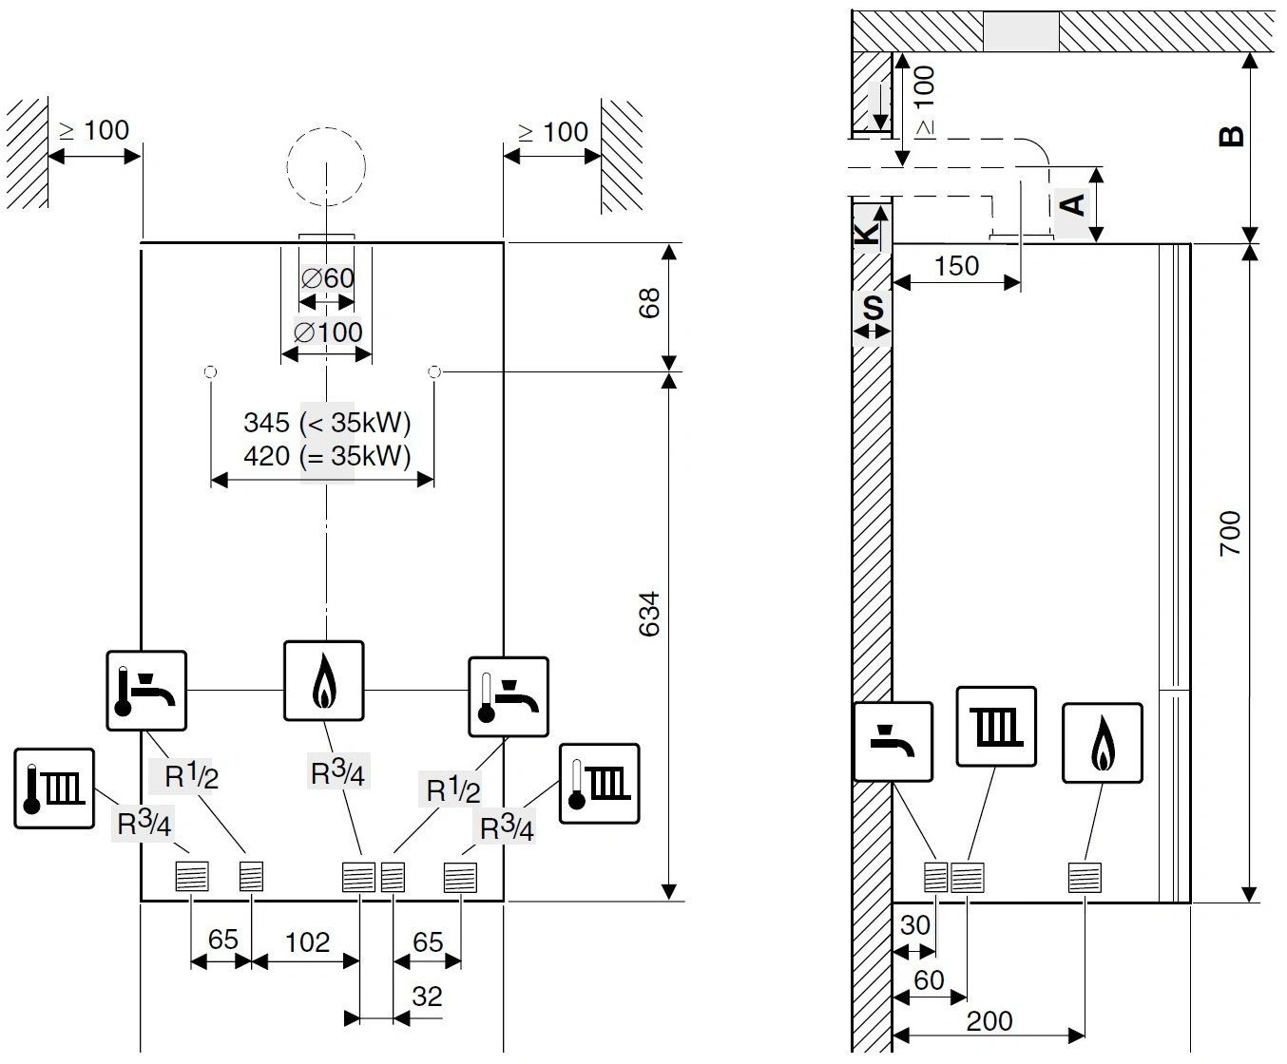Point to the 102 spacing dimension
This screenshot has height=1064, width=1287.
(307, 942)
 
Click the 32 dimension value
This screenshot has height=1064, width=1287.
(427, 997)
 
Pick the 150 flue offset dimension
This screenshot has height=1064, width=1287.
(955, 266)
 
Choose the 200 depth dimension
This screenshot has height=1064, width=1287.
(989, 1021)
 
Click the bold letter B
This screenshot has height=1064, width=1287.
(1231, 136)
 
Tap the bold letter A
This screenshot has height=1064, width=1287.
(1073, 203)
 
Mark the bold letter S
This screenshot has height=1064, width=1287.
(873, 308)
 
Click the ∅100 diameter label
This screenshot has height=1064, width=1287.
(327, 332)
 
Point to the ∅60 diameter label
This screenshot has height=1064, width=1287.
(327, 278)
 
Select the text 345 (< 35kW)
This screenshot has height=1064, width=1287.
(326, 422)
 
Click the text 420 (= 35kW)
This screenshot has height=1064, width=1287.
(326, 456)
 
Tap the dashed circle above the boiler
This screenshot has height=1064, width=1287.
(327, 162)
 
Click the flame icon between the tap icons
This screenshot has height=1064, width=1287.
(324, 680)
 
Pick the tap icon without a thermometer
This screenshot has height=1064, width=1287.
(893, 741)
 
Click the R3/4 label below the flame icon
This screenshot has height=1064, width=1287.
(337, 773)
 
